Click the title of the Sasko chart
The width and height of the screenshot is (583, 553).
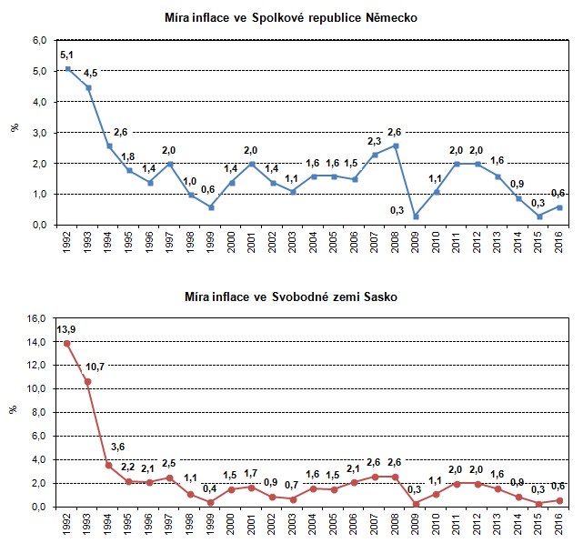[291, 297]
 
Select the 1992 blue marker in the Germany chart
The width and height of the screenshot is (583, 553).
[68, 68]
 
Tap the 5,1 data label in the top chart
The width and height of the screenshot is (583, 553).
[67, 55]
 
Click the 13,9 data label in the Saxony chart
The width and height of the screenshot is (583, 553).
[67, 327]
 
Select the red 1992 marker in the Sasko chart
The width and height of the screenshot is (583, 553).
[68, 343]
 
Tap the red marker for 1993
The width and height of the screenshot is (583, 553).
[88, 381]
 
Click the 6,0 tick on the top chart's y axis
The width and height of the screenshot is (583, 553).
[39, 40]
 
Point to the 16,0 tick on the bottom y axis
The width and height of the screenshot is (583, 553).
[36, 318]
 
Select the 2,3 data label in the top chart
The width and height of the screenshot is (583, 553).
[373, 141]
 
